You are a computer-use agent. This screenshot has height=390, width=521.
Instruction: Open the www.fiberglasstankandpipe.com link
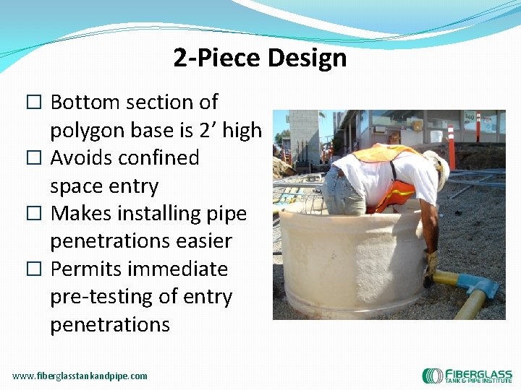(x=80, y=376)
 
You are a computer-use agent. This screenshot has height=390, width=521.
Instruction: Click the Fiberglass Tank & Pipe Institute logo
(x=467, y=376)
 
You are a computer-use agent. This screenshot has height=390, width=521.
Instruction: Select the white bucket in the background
(x=436, y=135)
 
